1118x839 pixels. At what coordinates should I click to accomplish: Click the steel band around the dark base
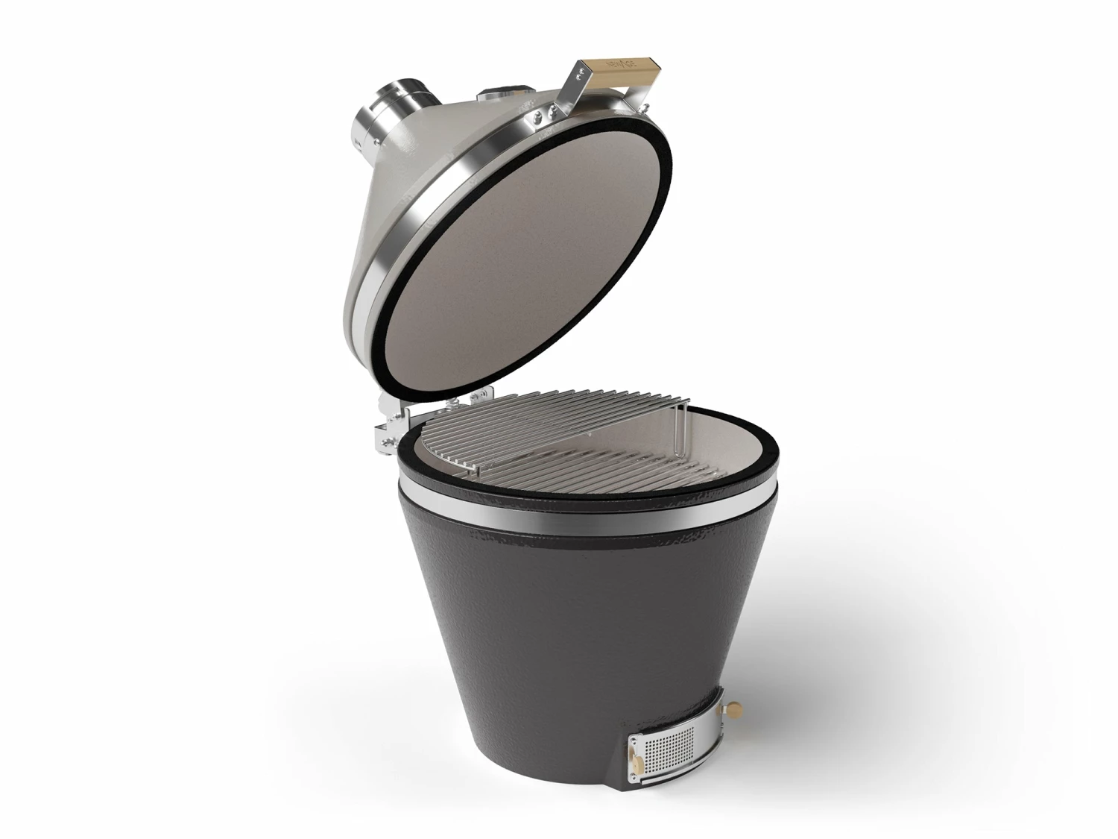pos(581,518)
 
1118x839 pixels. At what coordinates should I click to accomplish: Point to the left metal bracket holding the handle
pos(578,89)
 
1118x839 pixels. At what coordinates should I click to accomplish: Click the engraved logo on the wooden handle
pos(619,63)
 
